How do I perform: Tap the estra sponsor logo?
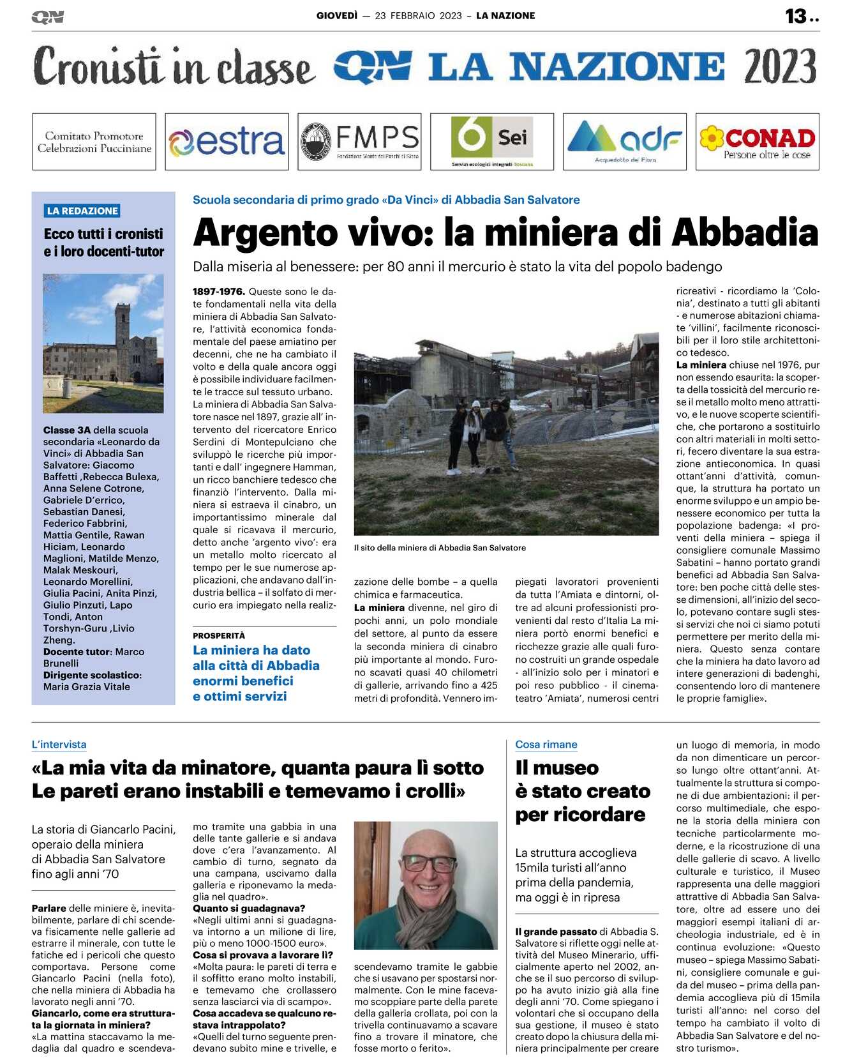pos(227,142)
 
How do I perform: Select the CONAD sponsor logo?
pos(758,141)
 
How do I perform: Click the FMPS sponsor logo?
pos(359,142)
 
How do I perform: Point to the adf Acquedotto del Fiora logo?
pos(625,141)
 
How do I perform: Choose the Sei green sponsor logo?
pos(491,141)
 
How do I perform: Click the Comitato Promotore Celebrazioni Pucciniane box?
pos(94,142)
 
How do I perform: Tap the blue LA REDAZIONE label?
pos(82,211)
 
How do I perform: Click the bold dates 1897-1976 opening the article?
pos(219,292)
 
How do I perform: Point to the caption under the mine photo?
pos(440,548)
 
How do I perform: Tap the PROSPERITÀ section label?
pos(219,635)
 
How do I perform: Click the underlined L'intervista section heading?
pos(59,744)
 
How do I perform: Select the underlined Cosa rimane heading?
pos(546,744)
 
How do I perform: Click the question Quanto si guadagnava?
pos(249,908)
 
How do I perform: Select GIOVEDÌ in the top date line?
pos(337,15)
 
